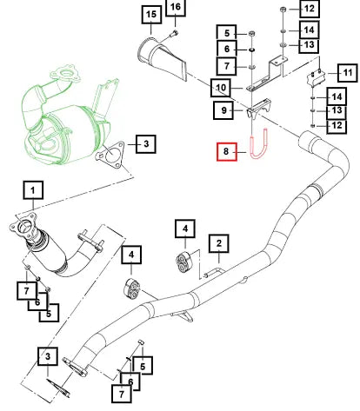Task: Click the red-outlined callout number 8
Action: tap(227, 151)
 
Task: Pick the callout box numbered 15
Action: tap(151, 15)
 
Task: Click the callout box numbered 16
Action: tap(176, 7)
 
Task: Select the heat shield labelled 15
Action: tap(163, 58)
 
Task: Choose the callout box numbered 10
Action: tap(221, 88)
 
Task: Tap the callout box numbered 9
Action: tap(223, 110)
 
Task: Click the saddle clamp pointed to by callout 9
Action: tap(259, 109)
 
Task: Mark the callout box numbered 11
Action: tap(347, 73)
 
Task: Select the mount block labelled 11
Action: tap(316, 79)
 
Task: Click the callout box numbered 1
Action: tap(33, 190)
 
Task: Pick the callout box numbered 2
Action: tap(219, 243)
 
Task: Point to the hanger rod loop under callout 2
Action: tap(215, 273)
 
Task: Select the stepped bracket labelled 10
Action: tap(267, 75)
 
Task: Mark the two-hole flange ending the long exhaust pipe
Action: tap(75, 367)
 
